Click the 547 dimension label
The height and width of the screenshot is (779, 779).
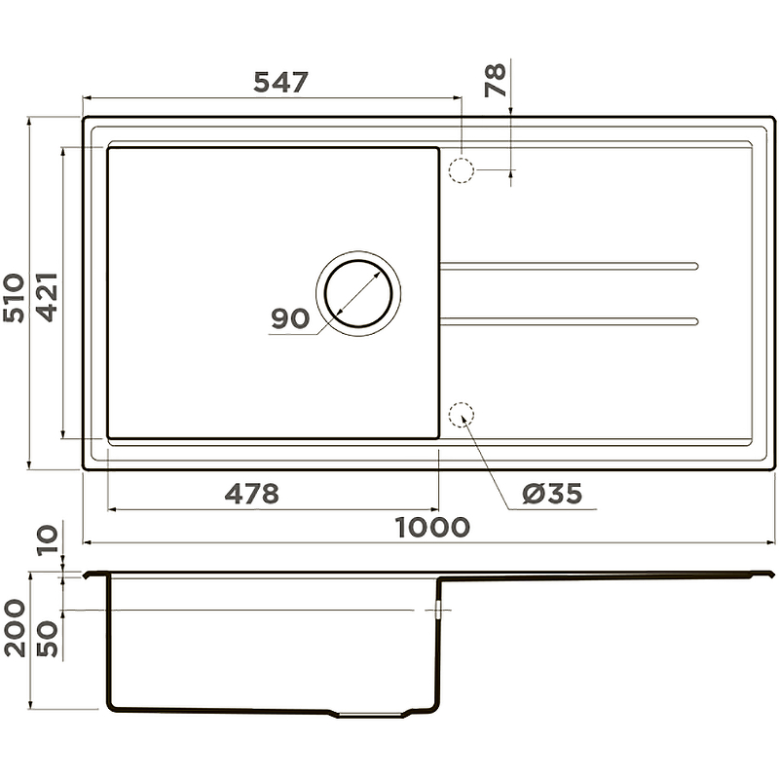pyautogui.click(x=280, y=82)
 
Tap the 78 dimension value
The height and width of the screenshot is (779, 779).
pyautogui.click(x=496, y=80)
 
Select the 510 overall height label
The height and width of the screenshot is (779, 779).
pyautogui.click(x=14, y=298)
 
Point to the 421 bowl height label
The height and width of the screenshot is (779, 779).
pyautogui.click(x=48, y=297)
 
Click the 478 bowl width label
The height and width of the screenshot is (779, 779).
pyautogui.click(x=252, y=494)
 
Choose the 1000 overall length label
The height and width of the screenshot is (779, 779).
pyautogui.click(x=432, y=527)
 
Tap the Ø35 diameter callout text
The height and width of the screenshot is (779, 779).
pyautogui.click(x=552, y=494)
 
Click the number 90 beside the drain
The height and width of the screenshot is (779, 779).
pyautogui.click(x=290, y=318)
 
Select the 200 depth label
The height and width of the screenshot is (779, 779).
pyautogui.click(x=15, y=628)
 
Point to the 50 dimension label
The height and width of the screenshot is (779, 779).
pyautogui.click(x=48, y=639)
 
